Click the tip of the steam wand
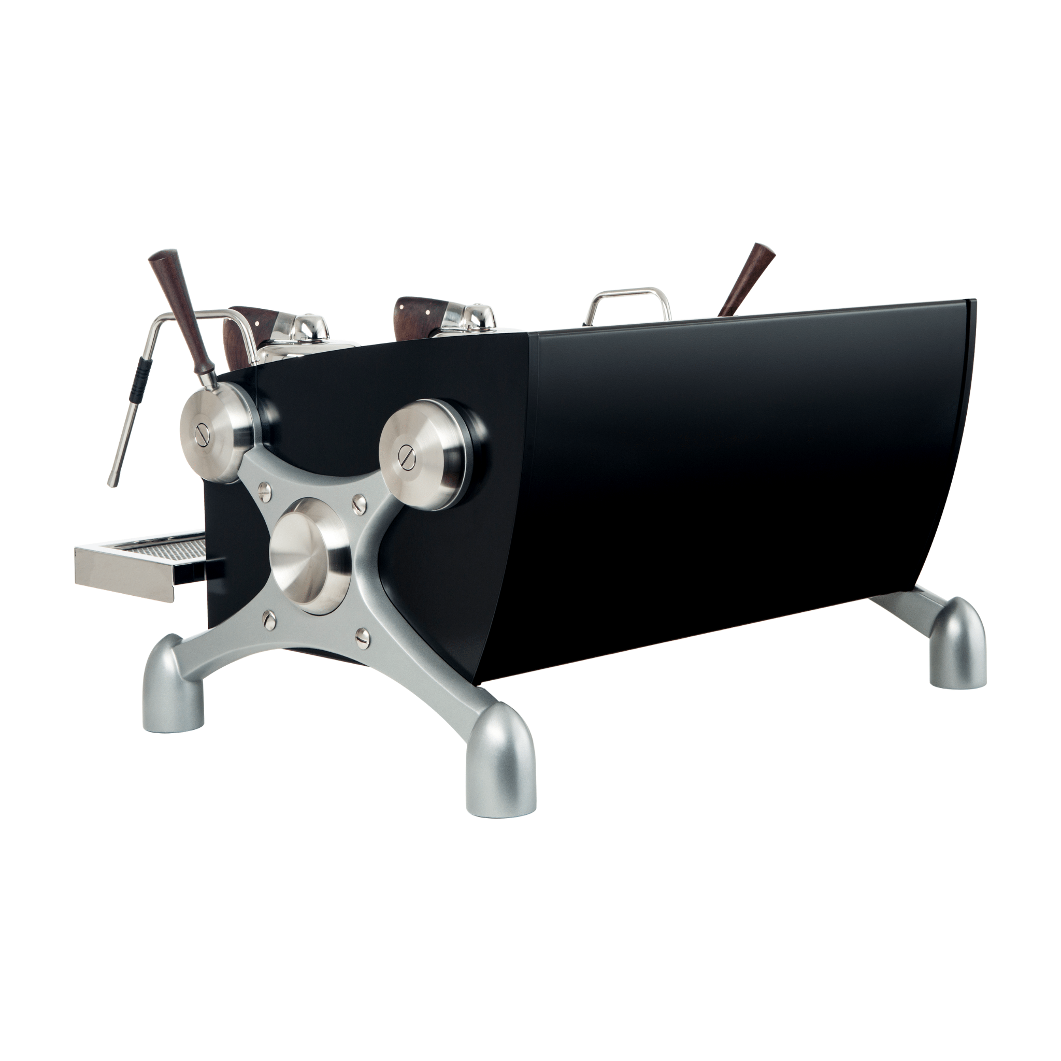coord(112,483)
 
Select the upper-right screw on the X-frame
coord(360,501)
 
